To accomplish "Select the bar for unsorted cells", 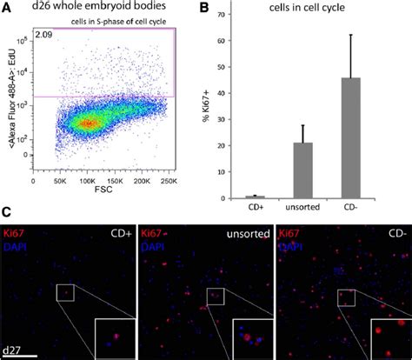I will [302, 170].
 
